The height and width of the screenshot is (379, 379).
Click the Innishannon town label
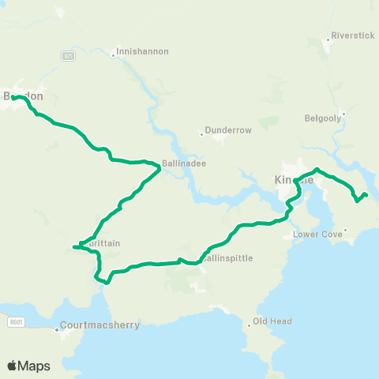click(x=142, y=51)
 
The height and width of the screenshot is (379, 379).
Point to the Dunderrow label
click(x=227, y=129)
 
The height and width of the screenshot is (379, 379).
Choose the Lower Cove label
click(x=317, y=234)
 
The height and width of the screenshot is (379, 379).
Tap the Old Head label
click(x=272, y=321)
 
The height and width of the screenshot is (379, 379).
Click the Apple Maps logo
click(x=28, y=366)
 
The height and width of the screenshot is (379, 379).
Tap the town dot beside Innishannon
click(x=113, y=51)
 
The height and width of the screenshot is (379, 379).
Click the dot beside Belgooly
click(x=344, y=114)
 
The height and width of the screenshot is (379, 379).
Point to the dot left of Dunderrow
click(x=202, y=133)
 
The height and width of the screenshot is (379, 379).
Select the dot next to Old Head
click(x=249, y=321)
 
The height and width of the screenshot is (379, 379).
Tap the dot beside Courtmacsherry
click(x=57, y=329)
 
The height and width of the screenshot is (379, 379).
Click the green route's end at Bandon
click(x=13, y=97)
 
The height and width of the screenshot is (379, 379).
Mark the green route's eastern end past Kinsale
click(x=366, y=194)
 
